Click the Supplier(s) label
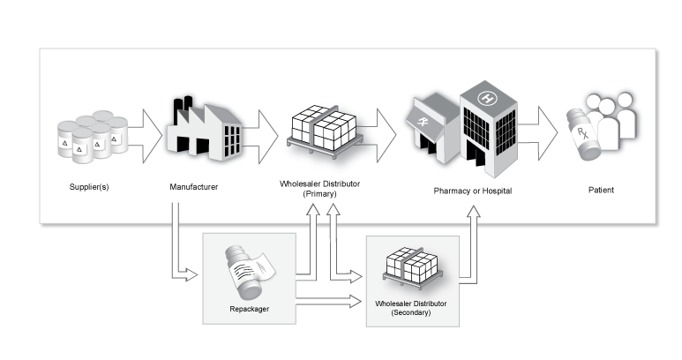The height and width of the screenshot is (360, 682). point(90,188)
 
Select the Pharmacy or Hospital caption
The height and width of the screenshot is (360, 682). point(471,190)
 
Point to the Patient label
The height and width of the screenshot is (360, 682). point(603,189)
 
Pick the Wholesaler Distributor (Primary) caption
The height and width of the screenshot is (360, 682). point(319,188)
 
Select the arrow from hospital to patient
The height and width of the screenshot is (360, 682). point(539,131)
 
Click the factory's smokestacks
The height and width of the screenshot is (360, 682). point(184,108)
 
